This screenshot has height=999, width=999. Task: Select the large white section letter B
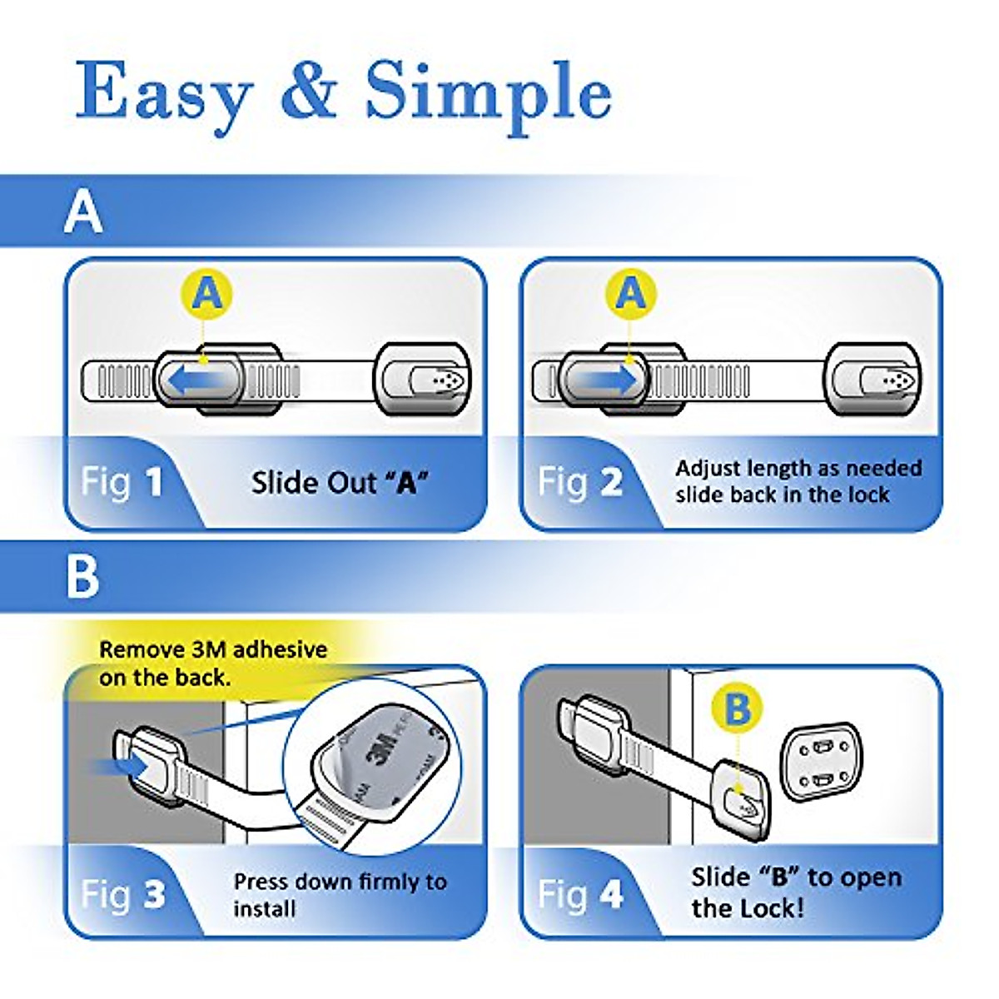tap(82, 575)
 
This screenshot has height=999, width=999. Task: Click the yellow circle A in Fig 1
tap(206, 294)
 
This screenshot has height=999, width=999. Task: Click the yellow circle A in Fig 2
tap(630, 294)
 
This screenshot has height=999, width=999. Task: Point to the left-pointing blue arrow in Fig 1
tap(197, 381)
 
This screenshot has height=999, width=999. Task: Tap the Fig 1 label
tap(122, 483)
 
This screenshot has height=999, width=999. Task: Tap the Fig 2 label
tap(579, 483)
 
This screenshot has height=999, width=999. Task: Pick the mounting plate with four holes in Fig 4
tap(819, 762)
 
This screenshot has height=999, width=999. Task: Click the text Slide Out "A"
tap(340, 483)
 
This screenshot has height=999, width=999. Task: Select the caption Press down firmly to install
tap(340, 894)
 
